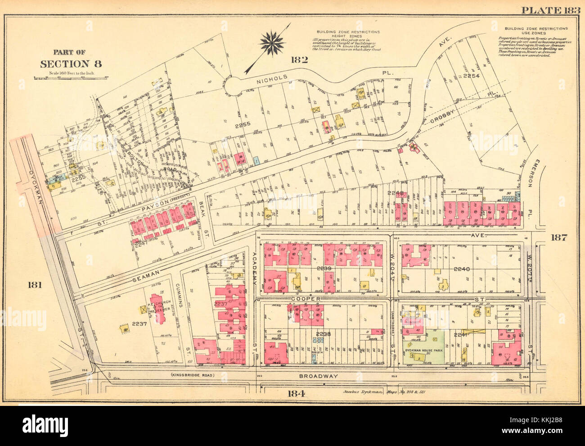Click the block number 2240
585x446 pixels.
tap(461, 269)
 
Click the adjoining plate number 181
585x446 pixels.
tap(35, 284)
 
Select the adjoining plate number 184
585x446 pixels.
tap(297, 393)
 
